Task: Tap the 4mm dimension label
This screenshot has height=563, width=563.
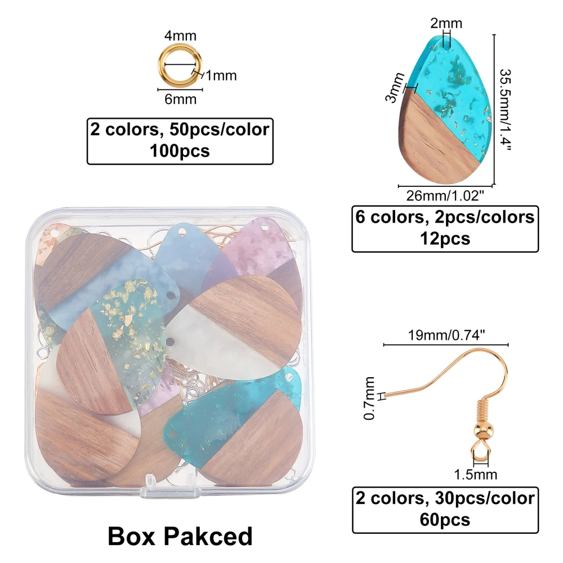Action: click(180, 37)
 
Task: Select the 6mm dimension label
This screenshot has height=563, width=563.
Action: click(180, 100)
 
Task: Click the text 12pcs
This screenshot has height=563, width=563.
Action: click(444, 239)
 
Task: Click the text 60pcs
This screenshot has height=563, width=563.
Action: click(444, 520)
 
